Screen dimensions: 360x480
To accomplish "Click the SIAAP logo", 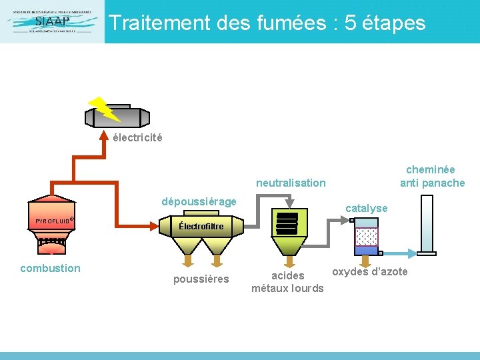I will coord(52,21).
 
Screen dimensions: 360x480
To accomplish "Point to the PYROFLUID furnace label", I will coord(53,221).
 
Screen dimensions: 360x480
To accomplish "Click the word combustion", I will coord(50,268).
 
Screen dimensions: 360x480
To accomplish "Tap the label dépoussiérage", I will coord(199,201).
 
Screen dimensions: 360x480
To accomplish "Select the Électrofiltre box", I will coord(201,227).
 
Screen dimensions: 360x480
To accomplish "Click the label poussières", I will coord(201,279).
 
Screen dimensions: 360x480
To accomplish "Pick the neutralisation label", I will coord(291,183).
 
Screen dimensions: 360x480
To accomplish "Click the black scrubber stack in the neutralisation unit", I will coord(287,223).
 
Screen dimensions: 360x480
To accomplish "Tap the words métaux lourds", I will coord(287,288).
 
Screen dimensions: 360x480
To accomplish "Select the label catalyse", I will coord(366,209).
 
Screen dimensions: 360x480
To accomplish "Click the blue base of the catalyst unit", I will coord(366,251).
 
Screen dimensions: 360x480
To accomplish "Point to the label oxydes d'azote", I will coord(369,271).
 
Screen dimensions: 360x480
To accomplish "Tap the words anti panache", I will coord(432,183).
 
